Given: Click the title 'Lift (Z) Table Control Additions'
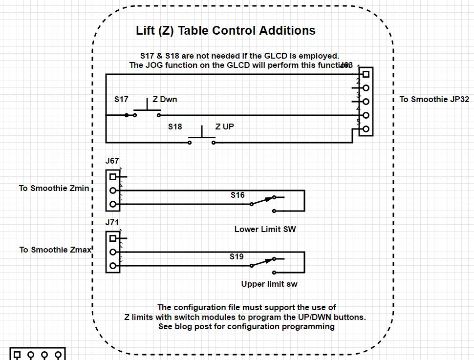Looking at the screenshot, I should pos(225,31).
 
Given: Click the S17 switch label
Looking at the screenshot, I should pos(121,100).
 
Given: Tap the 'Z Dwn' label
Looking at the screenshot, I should pos(165,100).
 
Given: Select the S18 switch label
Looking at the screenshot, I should pos(175,127).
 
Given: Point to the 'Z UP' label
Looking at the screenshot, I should pos(224,127).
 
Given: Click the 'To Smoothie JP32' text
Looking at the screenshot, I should pos(434,100).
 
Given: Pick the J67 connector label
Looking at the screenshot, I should pos(112,161).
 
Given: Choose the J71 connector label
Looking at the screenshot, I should pos(112,223).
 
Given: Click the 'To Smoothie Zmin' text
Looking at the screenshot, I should pos(54,188).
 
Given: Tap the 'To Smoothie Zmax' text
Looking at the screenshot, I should pos(55,250).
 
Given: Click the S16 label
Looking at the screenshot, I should pos(237,195).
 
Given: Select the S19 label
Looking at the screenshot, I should pos(237,257).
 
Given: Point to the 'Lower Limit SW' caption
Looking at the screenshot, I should pos(265,229).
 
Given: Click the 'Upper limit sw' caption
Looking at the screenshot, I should pos(269,284).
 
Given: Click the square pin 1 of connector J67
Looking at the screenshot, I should pos(113,177).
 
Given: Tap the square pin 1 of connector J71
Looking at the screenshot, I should pos(113,238).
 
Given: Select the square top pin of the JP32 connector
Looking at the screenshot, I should pos(366,75).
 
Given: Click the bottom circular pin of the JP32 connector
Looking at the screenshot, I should pos(366,129).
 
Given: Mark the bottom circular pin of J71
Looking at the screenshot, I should pos(113,266).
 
